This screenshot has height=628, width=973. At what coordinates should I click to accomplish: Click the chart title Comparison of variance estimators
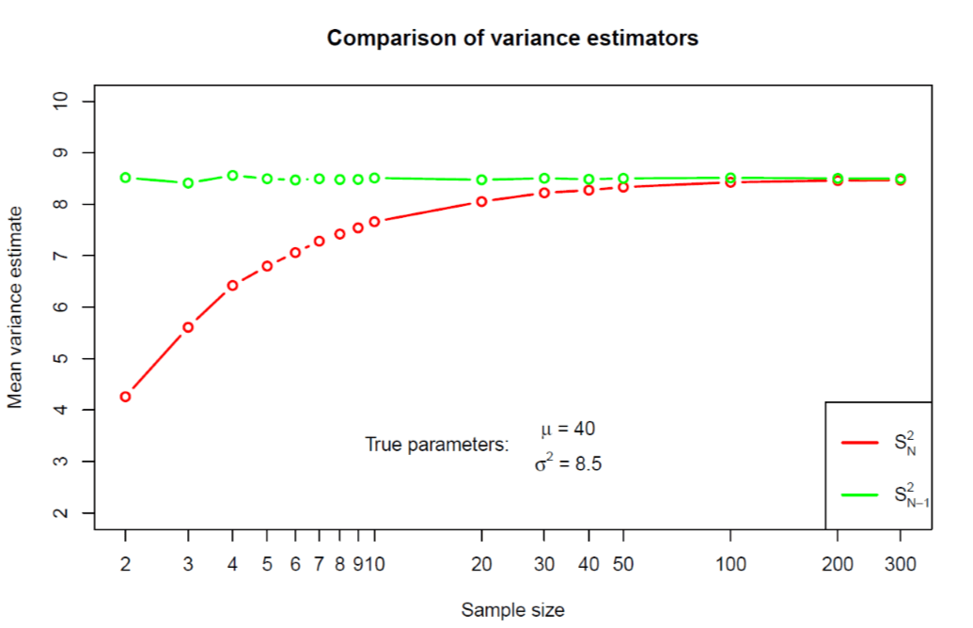512,39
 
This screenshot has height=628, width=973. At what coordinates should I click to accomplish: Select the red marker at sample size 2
125,397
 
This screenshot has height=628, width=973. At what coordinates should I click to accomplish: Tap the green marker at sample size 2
125,178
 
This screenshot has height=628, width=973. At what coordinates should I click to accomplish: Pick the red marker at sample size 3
188,327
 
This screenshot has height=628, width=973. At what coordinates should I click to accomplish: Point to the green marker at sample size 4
232,176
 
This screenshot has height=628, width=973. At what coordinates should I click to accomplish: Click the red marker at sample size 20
481,201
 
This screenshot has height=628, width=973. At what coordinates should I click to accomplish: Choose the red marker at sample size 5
267,266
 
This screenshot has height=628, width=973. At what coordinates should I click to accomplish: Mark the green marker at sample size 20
481,180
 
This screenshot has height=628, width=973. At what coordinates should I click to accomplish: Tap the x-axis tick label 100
730,564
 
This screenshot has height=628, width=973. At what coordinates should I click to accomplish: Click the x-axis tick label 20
481,564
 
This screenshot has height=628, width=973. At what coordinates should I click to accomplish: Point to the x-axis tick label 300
901,564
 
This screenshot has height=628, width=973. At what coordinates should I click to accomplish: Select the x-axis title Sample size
512,610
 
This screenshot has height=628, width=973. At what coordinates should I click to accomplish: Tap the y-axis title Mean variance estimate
15,306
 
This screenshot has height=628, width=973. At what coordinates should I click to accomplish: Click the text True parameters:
436,445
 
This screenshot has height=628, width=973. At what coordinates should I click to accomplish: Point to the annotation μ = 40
568,429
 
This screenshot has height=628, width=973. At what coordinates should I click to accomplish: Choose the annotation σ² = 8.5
562,463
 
